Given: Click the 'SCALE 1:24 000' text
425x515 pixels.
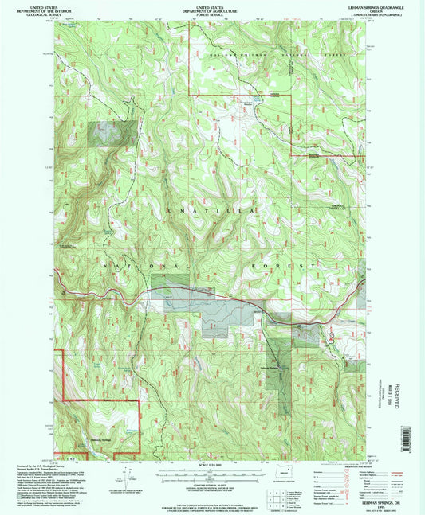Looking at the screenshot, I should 210,465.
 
